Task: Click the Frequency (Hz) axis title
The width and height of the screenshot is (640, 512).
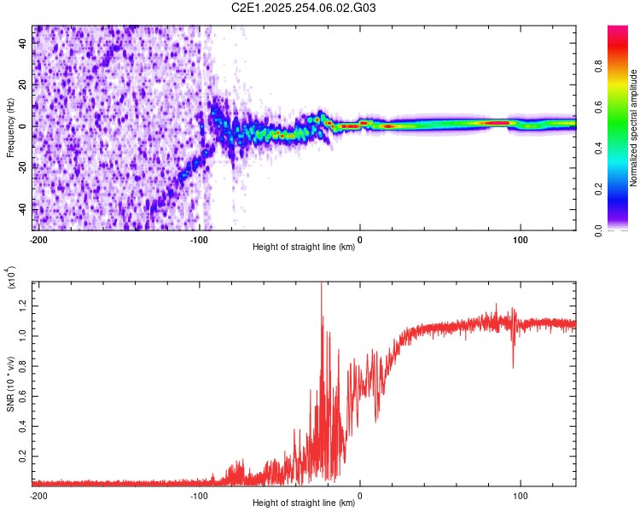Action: click(x=11, y=127)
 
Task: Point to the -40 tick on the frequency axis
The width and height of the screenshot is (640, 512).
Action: click(x=23, y=207)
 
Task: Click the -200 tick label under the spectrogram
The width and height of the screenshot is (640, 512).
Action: click(x=38, y=239)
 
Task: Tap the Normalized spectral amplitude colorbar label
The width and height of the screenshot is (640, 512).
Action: click(x=634, y=127)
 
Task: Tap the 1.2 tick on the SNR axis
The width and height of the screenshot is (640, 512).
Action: click(x=25, y=305)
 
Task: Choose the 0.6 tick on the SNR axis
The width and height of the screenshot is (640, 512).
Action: click(x=25, y=396)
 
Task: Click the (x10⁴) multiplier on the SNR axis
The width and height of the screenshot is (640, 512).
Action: click(x=11, y=277)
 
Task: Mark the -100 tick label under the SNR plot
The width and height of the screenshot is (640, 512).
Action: click(x=199, y=495)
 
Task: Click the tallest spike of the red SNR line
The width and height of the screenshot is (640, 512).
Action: click(x=321, y=284)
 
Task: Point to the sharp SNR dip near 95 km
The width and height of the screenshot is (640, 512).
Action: click(x=513, y=367)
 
